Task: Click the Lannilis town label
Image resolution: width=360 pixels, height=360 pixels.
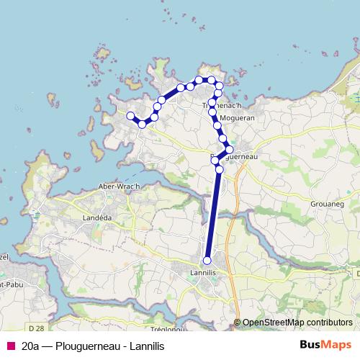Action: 207,274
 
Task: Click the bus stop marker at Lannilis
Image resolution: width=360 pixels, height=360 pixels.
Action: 207,261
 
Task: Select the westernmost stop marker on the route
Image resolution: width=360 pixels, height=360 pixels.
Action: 130,116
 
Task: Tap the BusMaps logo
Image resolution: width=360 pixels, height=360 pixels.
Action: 325,345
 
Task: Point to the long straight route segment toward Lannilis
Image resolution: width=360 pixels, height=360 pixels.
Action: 214,216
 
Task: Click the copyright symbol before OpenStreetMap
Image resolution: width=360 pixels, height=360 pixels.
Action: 238,323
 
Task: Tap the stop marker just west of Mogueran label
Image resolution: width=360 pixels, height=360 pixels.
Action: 217,125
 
